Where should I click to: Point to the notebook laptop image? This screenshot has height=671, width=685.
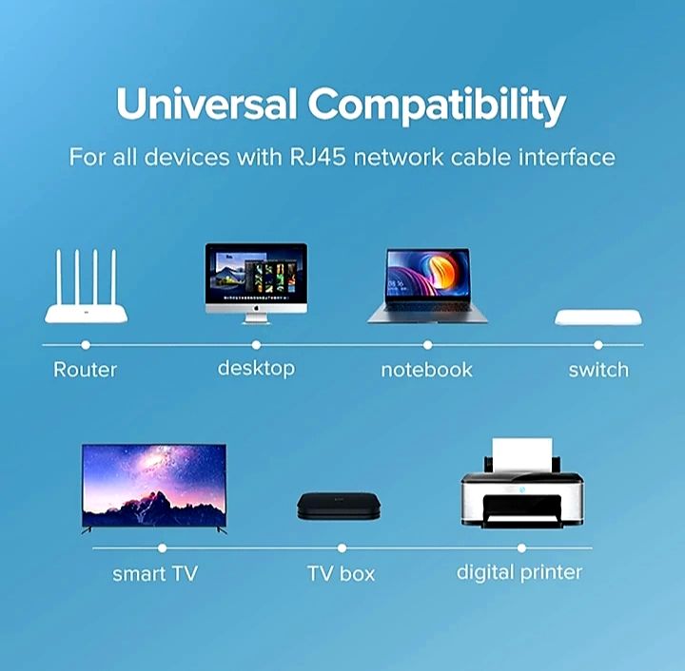click(x=427, y=286)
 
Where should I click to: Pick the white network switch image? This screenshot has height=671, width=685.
click(x=597, y=317)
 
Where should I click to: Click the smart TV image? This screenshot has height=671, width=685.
click(x=154, y=487)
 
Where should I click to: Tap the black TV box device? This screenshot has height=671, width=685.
click(x=341, y=505)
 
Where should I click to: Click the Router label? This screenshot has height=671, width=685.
click(x=85, y=370)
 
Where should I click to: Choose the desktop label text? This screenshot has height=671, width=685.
click(x=256, y=368)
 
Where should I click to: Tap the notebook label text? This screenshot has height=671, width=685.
click(x=426, y=370)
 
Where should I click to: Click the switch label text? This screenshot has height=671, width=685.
click(x=598, y=370)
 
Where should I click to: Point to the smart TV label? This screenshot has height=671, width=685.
click(x=155, y=573)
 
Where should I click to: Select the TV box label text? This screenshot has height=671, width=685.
click(x=341, y=574)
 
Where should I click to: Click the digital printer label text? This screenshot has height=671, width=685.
click(x=519, y=572)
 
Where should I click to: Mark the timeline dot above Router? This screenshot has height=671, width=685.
click(x=86, y=345)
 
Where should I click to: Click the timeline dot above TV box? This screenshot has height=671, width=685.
click(x=342, y=548)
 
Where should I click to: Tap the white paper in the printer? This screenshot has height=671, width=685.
click(x=521, y=453)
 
